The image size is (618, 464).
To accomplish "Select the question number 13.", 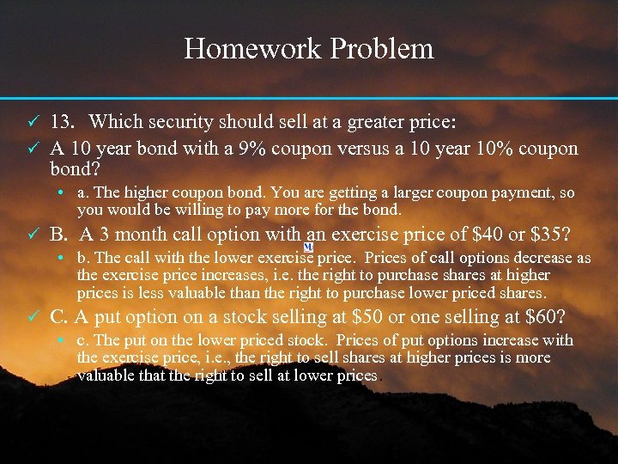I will pyautogui.click(x=64, y=122).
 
